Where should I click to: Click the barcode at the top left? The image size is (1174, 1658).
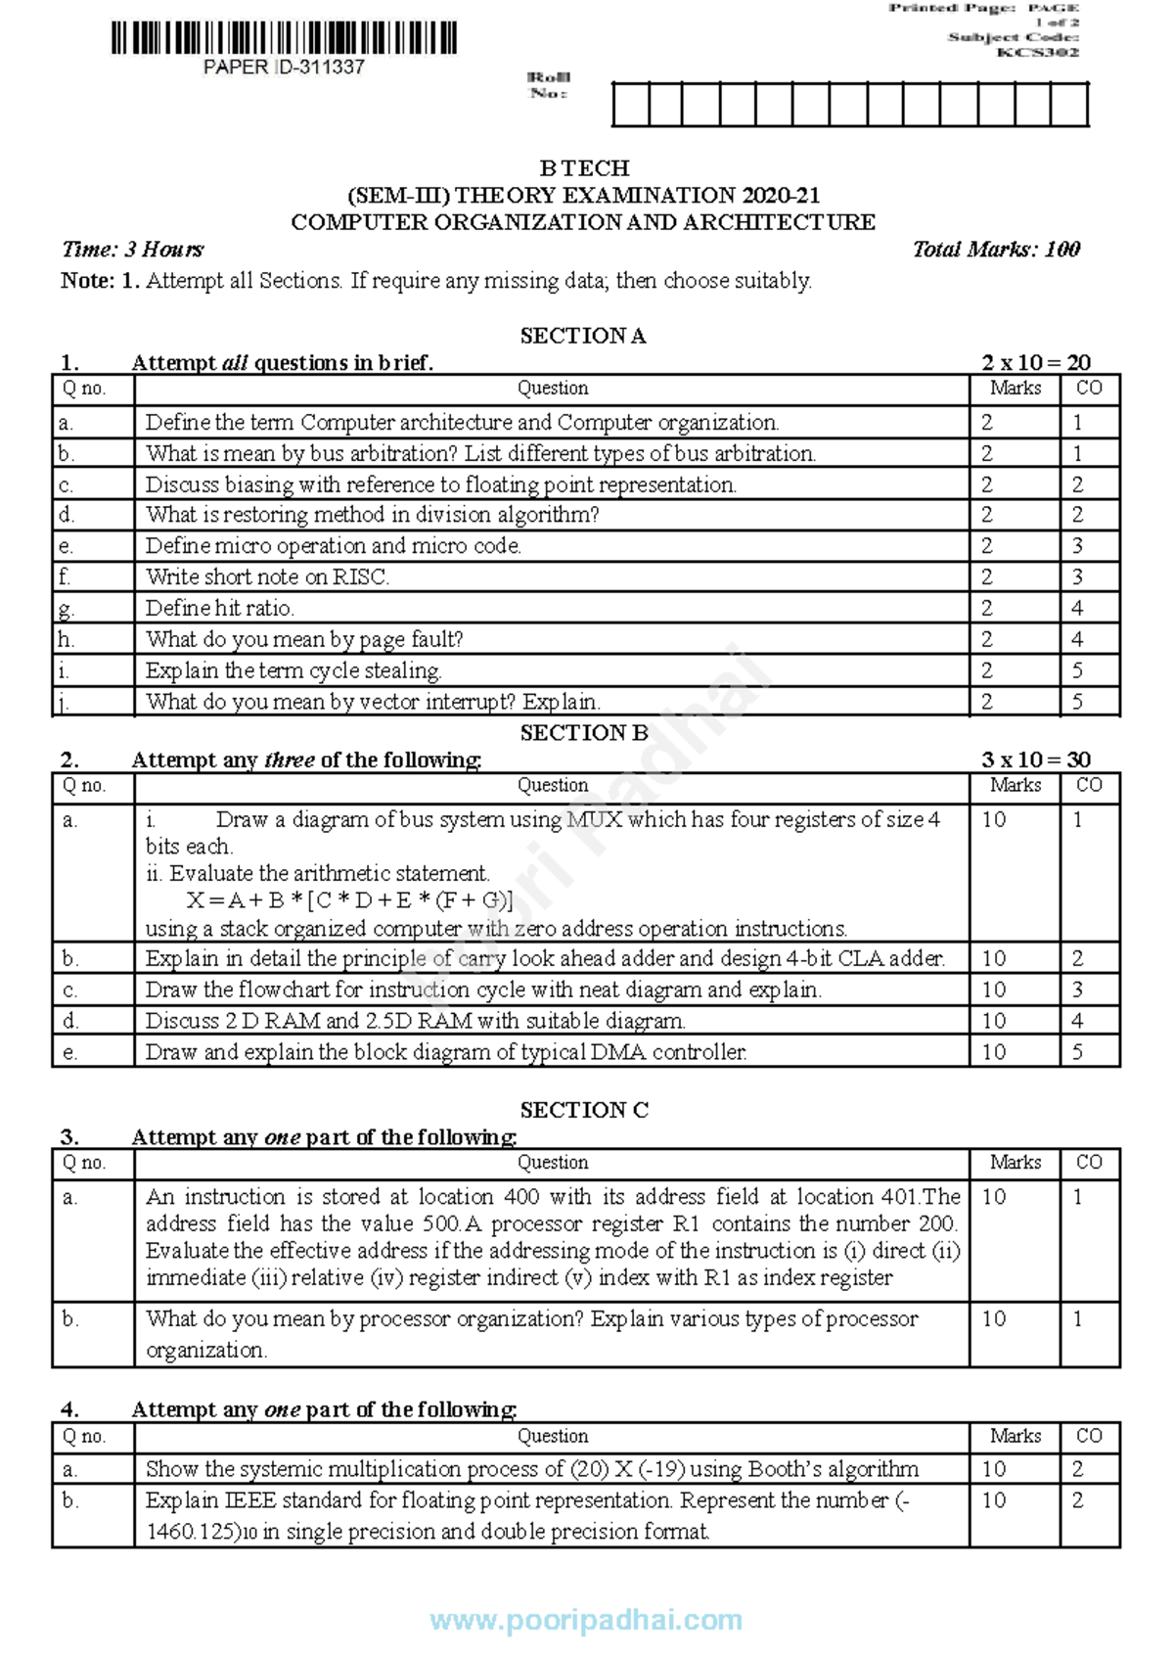click(x=284, y=38)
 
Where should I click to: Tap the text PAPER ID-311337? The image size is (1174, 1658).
click(x=284, y=68)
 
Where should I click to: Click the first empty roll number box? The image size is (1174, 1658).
click(x=631, y=105)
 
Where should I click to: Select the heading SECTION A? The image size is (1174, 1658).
click(x=583, y=336)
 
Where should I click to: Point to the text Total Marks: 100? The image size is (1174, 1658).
click(x=996, y=250)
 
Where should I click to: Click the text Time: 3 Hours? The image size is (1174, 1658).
click(x=133, y=250)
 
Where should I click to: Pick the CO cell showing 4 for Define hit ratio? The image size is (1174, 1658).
click(x=1077, y=609)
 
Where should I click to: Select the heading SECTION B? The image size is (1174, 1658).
click(x=583, y=733)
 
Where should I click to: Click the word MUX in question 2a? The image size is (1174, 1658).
click(x=594, y=819)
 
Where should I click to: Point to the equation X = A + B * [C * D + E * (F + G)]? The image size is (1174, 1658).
click(x=349, y=900)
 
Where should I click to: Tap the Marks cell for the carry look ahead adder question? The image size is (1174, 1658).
click(x=994, y=958)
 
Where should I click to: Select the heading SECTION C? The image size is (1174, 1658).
click(x=583, y=1110)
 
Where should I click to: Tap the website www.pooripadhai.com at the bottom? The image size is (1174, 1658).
click(x=586, y=1620)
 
